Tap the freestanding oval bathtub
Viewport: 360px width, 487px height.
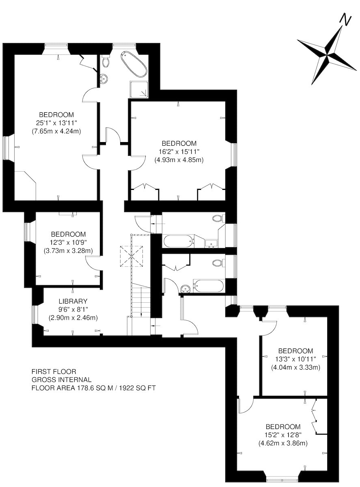[134, 65]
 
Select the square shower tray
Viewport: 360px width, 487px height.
[139, 90]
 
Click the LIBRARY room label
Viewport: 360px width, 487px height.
[73, 301]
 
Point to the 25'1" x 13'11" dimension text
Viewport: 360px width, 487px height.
[56, 123]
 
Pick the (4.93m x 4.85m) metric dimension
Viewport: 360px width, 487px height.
[179, 159]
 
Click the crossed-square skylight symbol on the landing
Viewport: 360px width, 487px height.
[131, 256]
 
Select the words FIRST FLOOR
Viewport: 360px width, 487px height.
[54, 371]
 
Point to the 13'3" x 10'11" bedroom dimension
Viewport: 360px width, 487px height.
[295, 359]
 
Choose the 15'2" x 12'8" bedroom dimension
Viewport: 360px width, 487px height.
[283, 434]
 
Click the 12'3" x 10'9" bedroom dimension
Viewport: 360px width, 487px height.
[68, 242]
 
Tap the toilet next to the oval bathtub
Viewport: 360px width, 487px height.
[106, 61]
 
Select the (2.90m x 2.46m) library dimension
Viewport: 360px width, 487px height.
[73, 317]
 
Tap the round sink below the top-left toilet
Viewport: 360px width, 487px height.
[103, 79]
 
